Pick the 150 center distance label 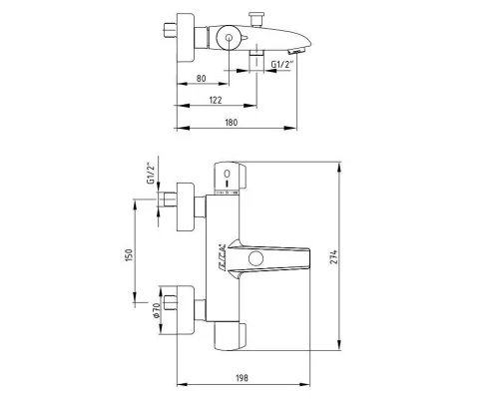point(128,255)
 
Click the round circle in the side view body point(229,41)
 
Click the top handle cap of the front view point(229,174)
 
